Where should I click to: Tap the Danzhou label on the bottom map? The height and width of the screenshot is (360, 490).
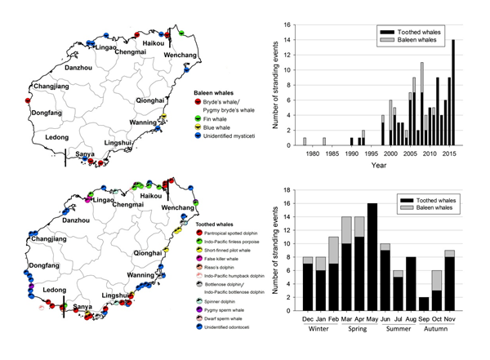(77, 220)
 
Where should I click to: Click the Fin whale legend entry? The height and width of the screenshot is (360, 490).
(225, 120)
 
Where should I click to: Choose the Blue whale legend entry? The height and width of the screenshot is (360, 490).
(227, 131)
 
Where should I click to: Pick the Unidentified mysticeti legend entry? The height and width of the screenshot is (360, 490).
(238, 142)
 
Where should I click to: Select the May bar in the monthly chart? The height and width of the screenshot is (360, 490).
(372, 256)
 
